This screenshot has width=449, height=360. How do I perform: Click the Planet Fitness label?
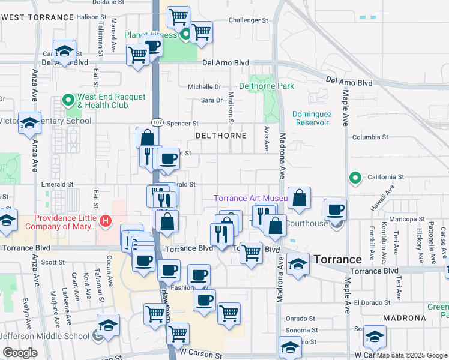tap(150, 35)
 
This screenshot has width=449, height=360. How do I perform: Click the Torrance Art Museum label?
tap(251, 199)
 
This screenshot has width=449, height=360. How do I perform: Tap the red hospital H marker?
tap(106, 221)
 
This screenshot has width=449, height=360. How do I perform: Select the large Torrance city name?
tap(338, 259)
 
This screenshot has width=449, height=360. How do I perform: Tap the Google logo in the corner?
tap(19, 353)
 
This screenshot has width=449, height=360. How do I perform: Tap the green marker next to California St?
tap(355, 177)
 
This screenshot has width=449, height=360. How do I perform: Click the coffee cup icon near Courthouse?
tap(335, 209)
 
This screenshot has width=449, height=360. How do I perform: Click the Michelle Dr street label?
tap(205, 87)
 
